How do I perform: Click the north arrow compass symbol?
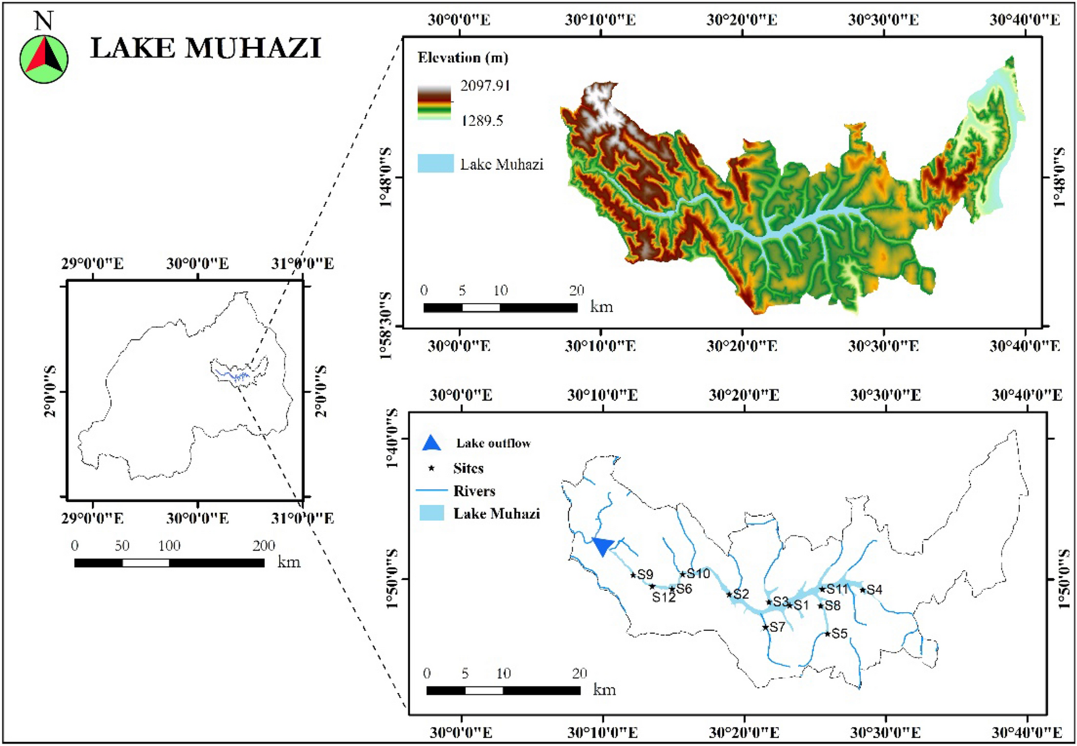tap(44, 58)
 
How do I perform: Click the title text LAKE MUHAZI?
tap(206, 49)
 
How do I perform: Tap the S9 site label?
tap(645, 574)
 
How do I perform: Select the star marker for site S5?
tap(828, 634)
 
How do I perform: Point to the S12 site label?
tap(664, 598)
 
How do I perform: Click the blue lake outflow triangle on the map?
tap(602, 546)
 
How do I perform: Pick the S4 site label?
tap(874, 590)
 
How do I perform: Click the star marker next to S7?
tap(765, 627)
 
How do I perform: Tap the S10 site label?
tap(699, 574)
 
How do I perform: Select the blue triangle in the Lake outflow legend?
tap(431, 443)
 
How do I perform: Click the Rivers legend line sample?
tap(431, 490)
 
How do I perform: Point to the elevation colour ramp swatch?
tap(434, 102)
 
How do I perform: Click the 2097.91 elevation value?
tap(485, 85)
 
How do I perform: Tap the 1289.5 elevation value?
tap(482, 120)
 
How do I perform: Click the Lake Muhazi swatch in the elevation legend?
tap(435, 164)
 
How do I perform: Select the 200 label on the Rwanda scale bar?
tap(264, 546)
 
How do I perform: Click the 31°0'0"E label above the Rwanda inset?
tap(302, 263)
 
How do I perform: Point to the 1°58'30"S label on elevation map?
tap(386, 326)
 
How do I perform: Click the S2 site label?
tap(741, 594)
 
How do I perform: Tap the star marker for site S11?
tap(822, 589)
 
